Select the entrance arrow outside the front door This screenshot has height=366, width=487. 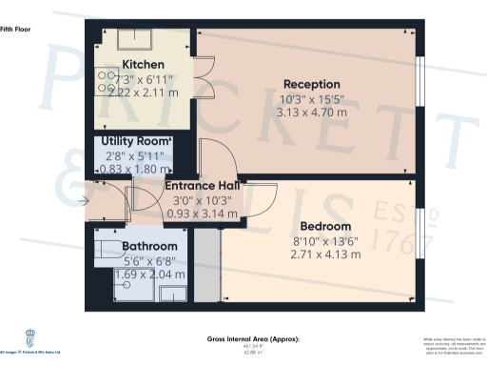(87, 200)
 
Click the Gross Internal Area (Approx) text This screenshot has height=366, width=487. (253, 339)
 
